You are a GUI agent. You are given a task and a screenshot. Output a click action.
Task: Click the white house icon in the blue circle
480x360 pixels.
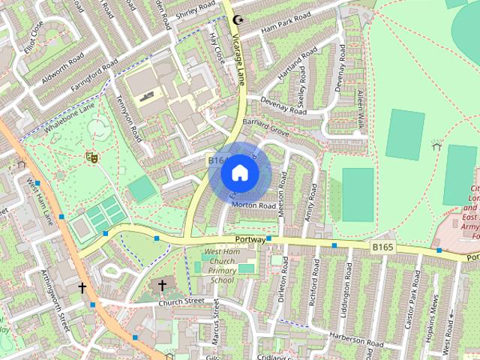239,172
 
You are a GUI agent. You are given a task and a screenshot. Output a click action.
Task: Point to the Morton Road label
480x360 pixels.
254,205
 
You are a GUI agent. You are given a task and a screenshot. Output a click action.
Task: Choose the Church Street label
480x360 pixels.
181,301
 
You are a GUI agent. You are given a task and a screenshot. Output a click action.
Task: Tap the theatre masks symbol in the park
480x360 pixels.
93,157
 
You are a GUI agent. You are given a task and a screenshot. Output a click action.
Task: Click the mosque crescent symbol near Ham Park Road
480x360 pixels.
239,20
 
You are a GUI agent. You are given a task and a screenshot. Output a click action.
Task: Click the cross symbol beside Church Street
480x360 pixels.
162,285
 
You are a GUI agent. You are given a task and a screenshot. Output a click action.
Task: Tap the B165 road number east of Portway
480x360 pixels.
382,245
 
